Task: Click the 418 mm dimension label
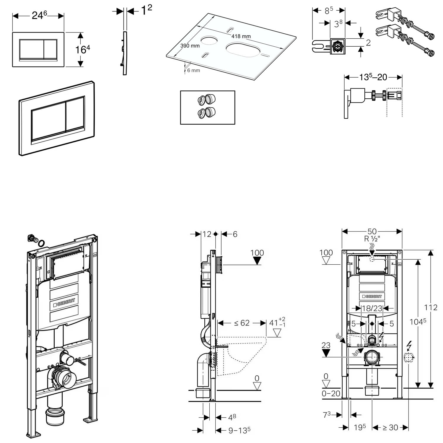241,36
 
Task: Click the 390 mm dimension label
190,46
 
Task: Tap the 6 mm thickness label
193,70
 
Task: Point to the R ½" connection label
372,239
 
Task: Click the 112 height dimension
431,307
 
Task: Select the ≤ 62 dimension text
242,323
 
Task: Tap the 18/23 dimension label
372,308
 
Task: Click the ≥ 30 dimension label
390,427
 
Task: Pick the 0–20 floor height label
331,393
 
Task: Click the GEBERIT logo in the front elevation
372,296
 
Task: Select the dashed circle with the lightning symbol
408,357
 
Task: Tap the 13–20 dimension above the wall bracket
373,77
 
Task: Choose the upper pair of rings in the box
206,100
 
